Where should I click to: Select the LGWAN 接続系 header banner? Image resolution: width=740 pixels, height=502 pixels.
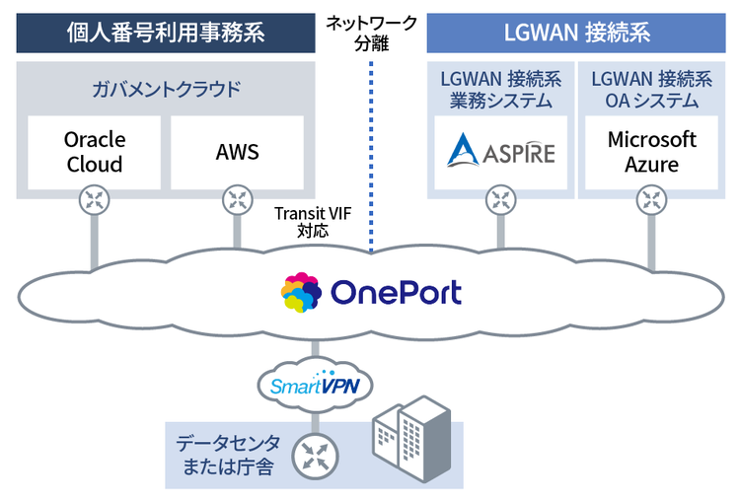click(576, 32)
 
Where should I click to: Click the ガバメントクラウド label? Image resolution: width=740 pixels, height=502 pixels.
click(166, 90)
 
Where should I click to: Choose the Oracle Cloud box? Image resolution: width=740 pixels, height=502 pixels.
click(95, 152)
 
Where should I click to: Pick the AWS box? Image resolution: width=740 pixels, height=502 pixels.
click(237, 152)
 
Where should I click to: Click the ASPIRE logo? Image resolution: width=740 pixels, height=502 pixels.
click(501, 152)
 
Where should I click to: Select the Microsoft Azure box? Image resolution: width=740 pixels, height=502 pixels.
click(651, 152)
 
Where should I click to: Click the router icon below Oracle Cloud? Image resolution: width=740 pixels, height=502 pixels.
click(95, 201)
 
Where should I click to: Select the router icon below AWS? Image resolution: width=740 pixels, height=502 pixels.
click(237, 201)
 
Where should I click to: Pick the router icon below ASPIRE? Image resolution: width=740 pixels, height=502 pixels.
click(501, 201)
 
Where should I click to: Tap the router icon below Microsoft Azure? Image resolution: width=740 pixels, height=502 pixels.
click(651, 201)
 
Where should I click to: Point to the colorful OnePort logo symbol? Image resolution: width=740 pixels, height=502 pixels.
click(301, 293)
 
